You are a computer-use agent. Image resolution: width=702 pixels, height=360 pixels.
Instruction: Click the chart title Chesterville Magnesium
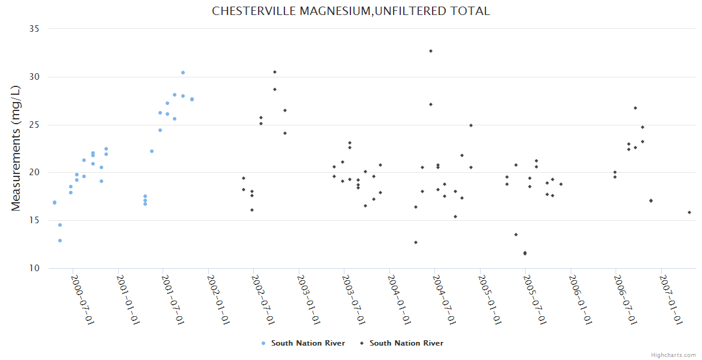coord(351,11)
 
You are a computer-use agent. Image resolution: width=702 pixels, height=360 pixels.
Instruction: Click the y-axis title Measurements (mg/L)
coord(16,148)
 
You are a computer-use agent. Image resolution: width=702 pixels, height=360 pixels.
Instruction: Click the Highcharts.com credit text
coord(673,355)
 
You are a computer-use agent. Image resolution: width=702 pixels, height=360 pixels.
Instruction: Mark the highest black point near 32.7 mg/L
coord(431,51)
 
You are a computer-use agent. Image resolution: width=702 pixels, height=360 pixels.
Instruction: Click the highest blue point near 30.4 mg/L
coord(183,73)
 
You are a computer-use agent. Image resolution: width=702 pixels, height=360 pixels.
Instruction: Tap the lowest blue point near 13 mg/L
coord(60,241)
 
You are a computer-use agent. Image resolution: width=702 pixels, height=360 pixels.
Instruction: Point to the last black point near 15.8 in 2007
coord(689,212)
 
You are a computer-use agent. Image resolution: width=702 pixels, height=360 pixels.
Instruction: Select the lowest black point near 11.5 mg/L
coord(525,253)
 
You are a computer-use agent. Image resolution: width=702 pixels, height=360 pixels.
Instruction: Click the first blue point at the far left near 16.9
coord(55,203)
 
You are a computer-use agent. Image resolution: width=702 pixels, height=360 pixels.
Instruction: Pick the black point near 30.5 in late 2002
coord(275,72)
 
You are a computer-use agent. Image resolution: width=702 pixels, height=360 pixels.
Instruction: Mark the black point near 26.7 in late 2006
coord(635,108)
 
